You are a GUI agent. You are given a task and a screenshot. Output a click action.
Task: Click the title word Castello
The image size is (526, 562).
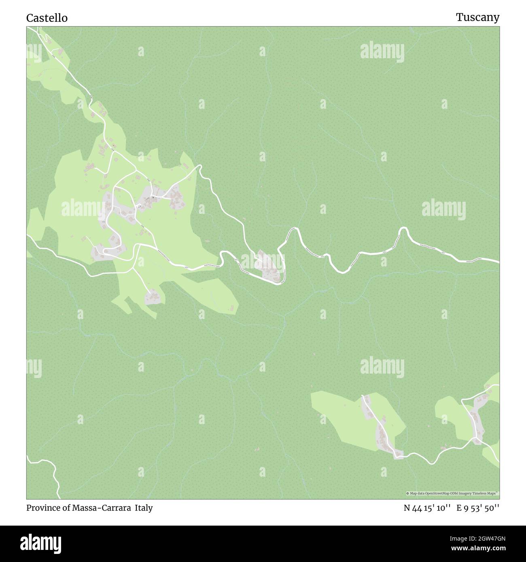(47, 18)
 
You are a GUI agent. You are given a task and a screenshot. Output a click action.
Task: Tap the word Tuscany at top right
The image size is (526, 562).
(477, 17)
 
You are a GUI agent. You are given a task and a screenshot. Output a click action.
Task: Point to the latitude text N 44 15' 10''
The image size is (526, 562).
(427, 508)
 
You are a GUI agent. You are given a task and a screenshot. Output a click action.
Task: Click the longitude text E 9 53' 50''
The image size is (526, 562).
(478, 508)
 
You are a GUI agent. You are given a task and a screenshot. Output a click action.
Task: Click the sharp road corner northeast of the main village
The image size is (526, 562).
(199, 166)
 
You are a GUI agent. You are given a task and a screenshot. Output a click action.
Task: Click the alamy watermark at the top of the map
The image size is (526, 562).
(382, 51)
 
